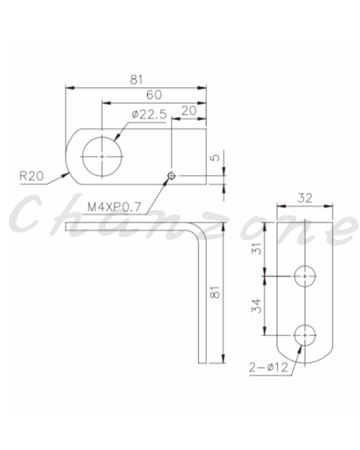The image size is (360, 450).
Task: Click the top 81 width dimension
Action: (x=136, y=79)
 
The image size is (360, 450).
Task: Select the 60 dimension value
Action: (x=154, y=95)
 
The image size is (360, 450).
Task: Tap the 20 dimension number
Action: (x=189, y=111)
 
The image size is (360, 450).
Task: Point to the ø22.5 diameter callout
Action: (x=149, y=114)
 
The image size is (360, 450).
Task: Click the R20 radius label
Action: (x=32, y=176)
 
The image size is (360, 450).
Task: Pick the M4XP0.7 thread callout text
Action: (x=114, y=207)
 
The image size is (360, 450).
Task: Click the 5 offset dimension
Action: (x=215, y=157)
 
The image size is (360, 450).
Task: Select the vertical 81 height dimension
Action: (x=215, y=292)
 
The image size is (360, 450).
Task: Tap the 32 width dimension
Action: (x=305, y=198)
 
